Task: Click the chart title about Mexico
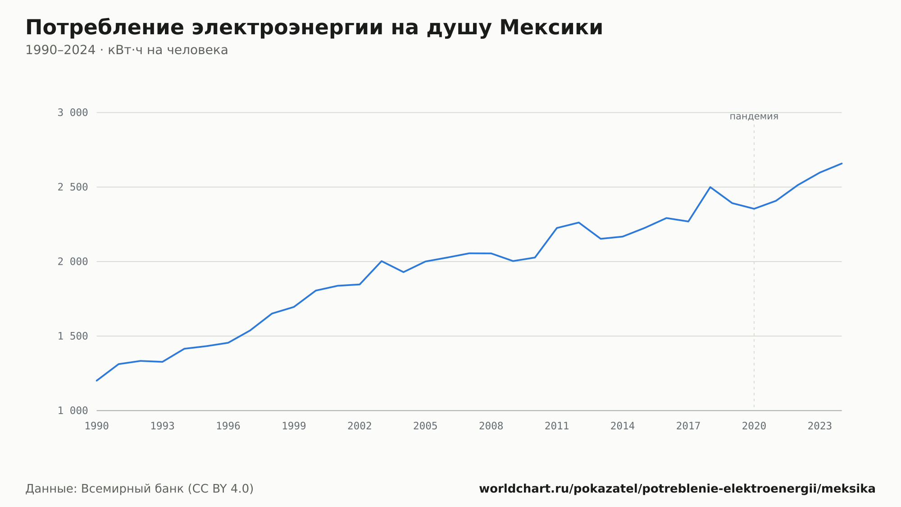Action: [x=314, y=28]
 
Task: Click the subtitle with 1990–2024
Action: [x=127, y=50]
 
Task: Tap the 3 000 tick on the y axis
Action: [x=73, y=113]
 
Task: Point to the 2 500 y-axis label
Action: [x=73, y=187]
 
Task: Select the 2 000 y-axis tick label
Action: [x=73, y=262]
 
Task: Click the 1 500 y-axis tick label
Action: [x=73, y=336]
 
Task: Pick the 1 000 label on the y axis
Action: [x=73, y=410]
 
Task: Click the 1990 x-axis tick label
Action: [x=97, y=426]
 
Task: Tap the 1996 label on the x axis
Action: [x=228, y=426]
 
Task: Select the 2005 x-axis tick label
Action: [x=425, y=426]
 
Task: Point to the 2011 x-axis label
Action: [x=557, y=426]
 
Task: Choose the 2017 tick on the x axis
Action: [x=688, y=426]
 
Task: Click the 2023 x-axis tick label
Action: [x=820, y=426]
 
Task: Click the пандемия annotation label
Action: [x=754, y=116]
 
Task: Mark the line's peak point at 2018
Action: [x=710, y=187]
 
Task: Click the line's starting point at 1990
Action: [x=97, y=381]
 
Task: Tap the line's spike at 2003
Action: [x=382, y=261]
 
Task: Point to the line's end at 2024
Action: [x=842, y=163]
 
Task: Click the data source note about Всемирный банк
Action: [x=140, y=489]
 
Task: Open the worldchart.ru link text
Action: [x=677, y=489]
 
